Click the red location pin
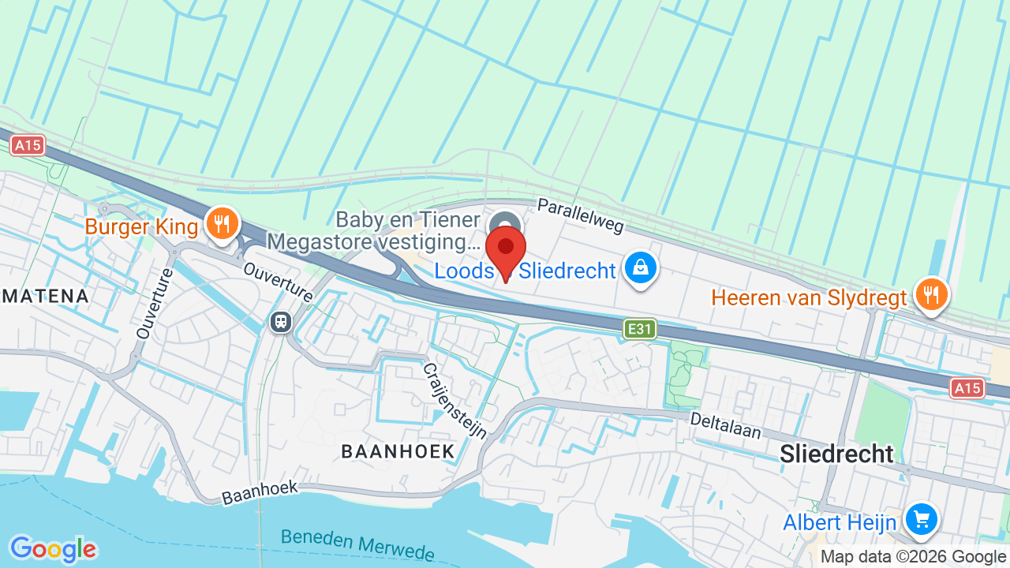pos(506,248)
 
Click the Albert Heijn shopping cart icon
pos(921,519)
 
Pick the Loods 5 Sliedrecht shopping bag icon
pos(640,268)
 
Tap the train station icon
pos(280,322)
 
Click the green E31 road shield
pos(639,329)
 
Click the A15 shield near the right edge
pos(967,387)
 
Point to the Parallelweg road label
pos(580,215)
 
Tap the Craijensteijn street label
pos(454,401)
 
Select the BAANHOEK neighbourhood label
pos(398,451)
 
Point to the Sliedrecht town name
pos(836,454)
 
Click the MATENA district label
pos(43,297)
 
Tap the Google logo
pos(53,549)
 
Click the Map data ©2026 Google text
pos(913,557)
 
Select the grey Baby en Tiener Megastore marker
pos(505,223)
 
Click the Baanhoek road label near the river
pos(260,492)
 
